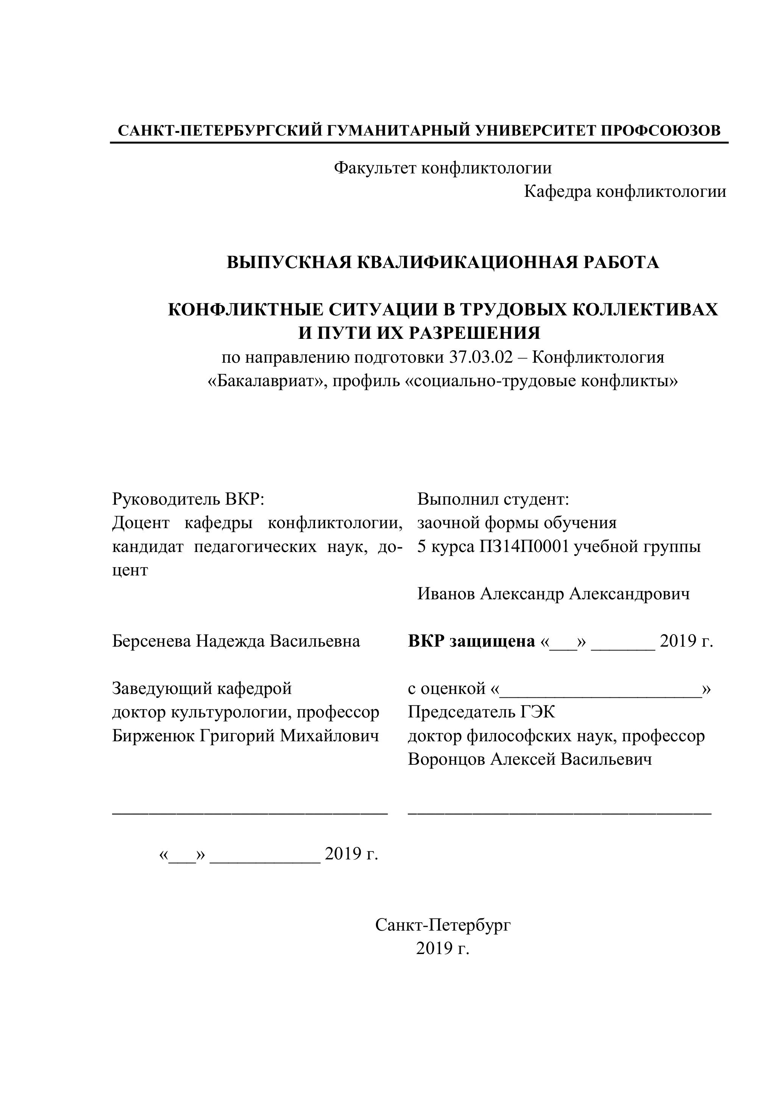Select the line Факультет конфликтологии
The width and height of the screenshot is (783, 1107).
tap(443, 168)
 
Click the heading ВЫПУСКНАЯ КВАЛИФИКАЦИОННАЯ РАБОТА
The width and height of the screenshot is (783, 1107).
tap(443, 262)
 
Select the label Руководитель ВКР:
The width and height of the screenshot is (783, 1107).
tap(189, 499)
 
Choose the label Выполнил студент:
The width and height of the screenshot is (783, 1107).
tap(493, 499)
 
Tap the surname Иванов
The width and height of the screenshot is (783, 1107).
tap(446, 594)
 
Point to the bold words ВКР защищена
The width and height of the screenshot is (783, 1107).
tap(471, 641)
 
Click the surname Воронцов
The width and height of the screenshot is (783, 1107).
tap(446, 759)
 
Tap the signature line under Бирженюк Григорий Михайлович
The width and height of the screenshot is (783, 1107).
tap(250, 813)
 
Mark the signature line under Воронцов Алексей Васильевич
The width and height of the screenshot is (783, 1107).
tap(559, 813)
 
